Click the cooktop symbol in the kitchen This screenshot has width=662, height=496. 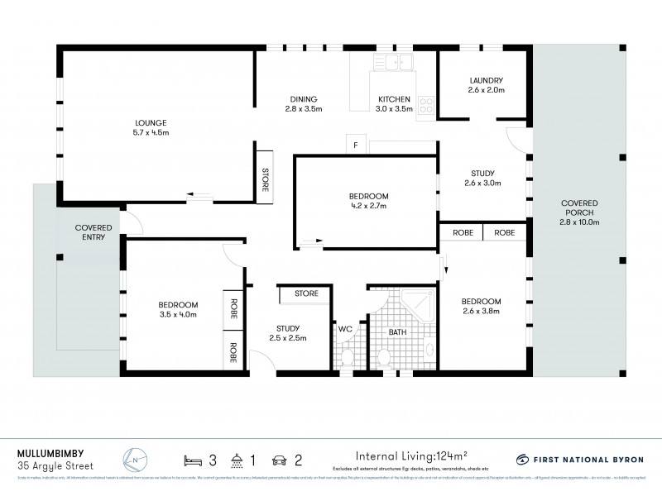pyautogui.click(x=427, y=105)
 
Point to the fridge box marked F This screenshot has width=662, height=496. pyautogui.click(x=355, y=147)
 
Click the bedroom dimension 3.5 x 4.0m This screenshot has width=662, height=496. pyautogui.click(x=179, y=314)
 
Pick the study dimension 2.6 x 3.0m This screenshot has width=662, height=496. pyautogui.click(x=483, y=183)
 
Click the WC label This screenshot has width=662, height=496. pyautogui.click(x=346, y=329)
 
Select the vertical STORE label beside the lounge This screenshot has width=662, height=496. pyautogui.click(x=265, y=180)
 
